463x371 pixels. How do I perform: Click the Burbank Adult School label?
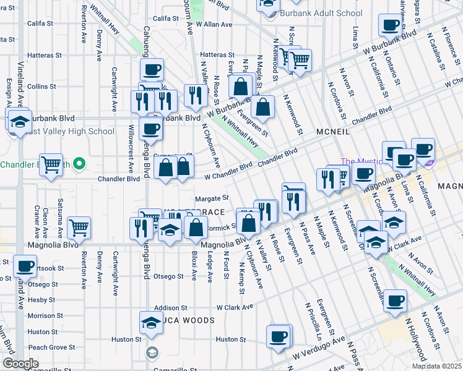click(321, 13)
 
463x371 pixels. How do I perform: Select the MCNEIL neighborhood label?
click(333, 132)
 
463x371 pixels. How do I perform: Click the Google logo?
click(20, 363)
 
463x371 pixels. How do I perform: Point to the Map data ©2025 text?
click(436, 366)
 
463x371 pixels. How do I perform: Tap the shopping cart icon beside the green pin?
click(51, 164)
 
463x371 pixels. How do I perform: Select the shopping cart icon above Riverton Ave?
click(79, 228)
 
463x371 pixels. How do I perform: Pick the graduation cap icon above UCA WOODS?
click(150, 323)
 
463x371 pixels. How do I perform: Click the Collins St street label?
click(41, 87)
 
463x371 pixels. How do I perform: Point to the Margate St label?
click(212, 198)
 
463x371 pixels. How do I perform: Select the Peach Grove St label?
click(47, 348)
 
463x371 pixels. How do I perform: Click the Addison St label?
click(171, 307)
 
